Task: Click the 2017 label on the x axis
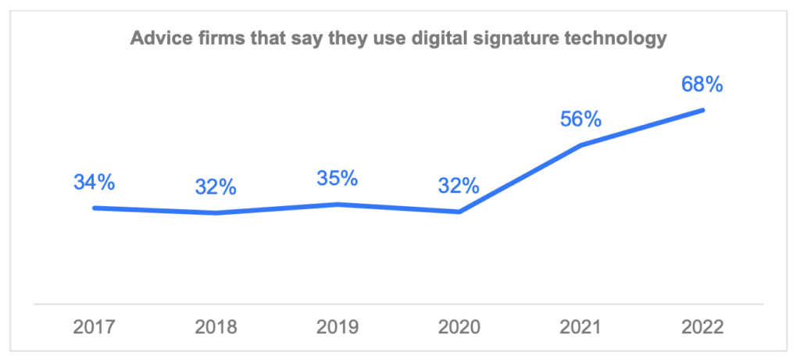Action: pyautogui.click(x=95, y=327)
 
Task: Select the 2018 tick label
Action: pyautogui.click(x=216, y=327)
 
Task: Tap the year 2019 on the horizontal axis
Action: pyautogui.click(x=337, y=327)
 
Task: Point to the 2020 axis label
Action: pyautogui.click(x=459, y=327)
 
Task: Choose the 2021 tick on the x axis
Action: pyautogui.click(x=581, y=327)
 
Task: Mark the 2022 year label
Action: pyautogui.click(x=702, y=327)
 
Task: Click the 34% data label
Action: pyautogui.click(x=95, y=183)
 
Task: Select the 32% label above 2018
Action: pyautogui.click(x=216, y=187)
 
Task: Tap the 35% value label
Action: pyautogui.click(x=337, y=179)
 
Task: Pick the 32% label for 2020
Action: pyautogui.click(x=459, y=186)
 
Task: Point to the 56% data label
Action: pyautogui.click(x=581, y=119)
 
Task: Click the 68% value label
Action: pyautogui.click(x=702, y=84)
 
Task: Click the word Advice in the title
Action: pyautogui.click(x=158, y=38)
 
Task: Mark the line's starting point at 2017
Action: pyautogui.click(x=95, y=208)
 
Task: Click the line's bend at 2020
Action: pyautogui.click(x=459, y=212)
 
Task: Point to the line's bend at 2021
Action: pyautogui.click(x=581, y=145)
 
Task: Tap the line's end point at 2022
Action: pyautogui.click(x=703, y=110)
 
